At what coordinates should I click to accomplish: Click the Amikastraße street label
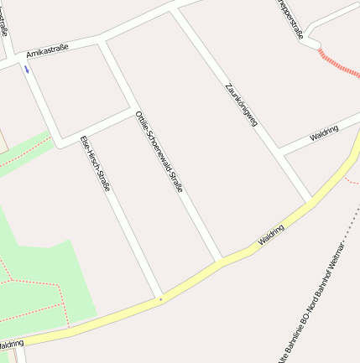point(47,52)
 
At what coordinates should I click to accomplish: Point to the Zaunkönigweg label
point(241,105)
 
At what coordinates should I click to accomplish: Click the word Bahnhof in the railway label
point(322,293)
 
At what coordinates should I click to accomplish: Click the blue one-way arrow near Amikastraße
point(27,70)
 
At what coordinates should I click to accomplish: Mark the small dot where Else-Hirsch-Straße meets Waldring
point(159,298)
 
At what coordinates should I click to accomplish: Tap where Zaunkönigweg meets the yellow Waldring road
point(310,200)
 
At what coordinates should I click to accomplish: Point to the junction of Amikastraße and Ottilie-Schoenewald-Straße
point(102,41)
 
